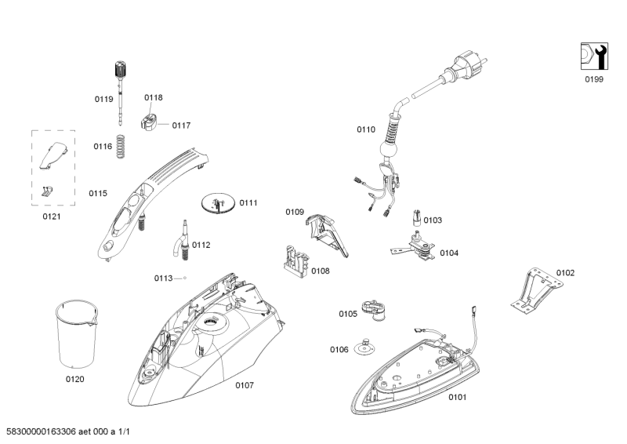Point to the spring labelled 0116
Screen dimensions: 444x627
pyautogui.click(x=121, y=147)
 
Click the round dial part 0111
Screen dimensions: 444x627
pyautogui.click(x=219, y=203)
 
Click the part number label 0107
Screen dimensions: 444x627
pyautogui.click(x=245, y=385)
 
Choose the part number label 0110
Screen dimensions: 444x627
pyautogui.click(x=366, y=129)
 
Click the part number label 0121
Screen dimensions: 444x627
pyautogui.click(x=53, y=217)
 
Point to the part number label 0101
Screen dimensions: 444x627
pyautogui.click(x=457, y=397)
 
